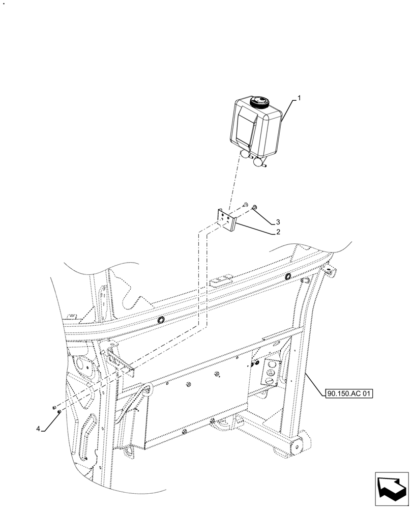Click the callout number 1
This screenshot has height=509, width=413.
299,98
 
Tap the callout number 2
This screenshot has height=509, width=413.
278,232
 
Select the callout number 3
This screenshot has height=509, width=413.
278,222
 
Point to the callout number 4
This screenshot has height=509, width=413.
39,429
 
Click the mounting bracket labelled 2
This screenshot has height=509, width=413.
227,219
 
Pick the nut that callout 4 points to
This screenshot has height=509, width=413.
60,411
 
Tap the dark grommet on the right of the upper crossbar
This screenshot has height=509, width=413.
288,276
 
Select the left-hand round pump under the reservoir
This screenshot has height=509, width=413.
245,153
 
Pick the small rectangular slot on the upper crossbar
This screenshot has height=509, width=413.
222,280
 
